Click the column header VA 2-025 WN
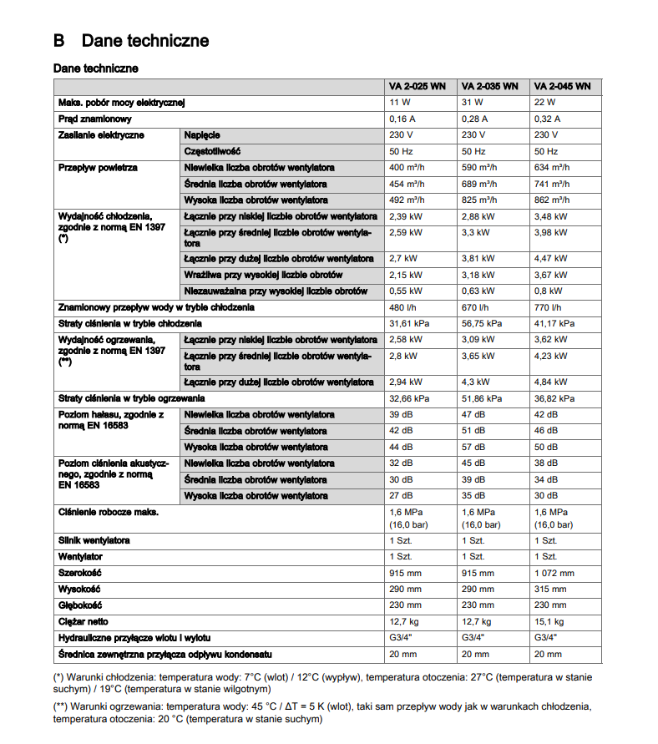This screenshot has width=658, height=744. [x=418, y=86]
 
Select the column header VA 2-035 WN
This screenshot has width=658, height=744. [x=489, y=86]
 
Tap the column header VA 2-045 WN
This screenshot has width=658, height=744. [x=562, y=86]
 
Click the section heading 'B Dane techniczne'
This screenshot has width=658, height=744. [x=131, y=41]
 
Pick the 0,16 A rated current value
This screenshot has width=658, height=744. [x=403, y=119]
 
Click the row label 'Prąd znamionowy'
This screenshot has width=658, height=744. [x=95, y=119]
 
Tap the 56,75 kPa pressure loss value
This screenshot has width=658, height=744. [x=483, y=323]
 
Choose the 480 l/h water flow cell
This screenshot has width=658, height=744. [x=403, y=307]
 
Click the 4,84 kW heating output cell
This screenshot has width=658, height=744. [x=550, y=382]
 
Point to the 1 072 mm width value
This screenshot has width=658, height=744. [x=554, y=574]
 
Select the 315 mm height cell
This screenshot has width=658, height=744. [x=548, y=590]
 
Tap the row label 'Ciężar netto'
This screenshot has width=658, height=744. [x=84, y=621]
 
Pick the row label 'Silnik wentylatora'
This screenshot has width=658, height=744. [x=94, y=541]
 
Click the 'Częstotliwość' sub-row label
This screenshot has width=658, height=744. [x=213, y=151]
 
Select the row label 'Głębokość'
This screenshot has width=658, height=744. [x=80, y=605]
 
